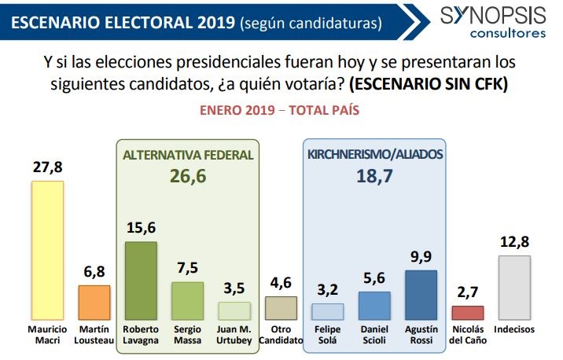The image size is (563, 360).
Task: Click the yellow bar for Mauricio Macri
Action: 46,250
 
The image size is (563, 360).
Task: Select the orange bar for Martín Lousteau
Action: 94,302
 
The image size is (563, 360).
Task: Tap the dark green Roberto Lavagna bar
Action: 141,280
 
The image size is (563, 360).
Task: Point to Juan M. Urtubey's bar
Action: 234,310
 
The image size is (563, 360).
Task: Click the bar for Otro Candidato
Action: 281,307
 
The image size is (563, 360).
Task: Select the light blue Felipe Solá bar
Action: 327,310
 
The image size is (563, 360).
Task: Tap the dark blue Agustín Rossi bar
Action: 421,294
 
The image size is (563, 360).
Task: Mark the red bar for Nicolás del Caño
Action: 467,312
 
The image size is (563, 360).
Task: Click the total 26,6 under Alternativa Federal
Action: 188,176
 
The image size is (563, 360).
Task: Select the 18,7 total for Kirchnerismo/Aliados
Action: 373,176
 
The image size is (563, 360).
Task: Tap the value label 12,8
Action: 513,242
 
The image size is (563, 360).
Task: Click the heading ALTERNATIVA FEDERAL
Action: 188,155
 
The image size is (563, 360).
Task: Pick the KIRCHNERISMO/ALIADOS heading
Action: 373,155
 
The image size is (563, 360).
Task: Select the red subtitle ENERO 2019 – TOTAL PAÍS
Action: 281,111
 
